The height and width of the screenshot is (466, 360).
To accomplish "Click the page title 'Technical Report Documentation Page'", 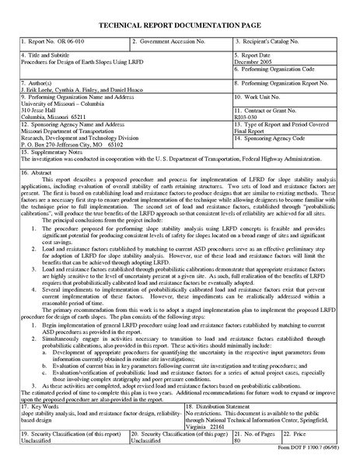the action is [179, 24].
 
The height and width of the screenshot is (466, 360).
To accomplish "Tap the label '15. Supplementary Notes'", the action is [54, 152].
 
